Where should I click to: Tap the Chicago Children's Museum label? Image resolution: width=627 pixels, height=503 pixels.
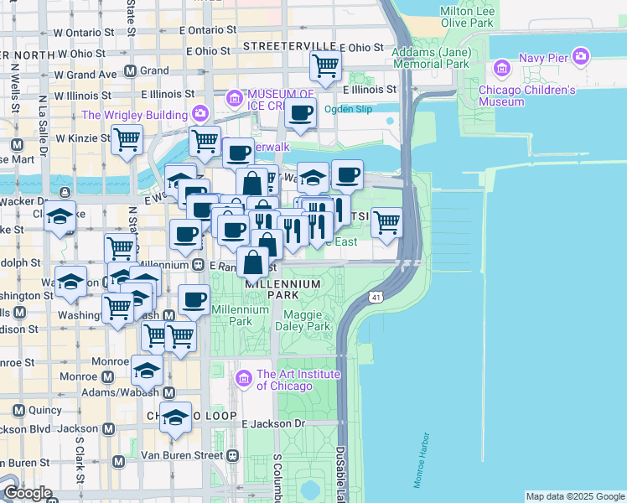tap(526, 96)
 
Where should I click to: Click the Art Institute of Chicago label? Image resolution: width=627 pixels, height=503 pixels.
tap(286, 380)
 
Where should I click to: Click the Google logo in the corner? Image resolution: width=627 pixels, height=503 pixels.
tap(27, 493)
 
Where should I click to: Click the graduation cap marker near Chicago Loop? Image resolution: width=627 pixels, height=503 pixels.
tap(175, 417)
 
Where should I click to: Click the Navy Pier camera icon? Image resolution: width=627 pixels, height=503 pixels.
tap(581, 56)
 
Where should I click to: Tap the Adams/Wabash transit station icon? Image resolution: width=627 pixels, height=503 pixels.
tap(168, 392)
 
